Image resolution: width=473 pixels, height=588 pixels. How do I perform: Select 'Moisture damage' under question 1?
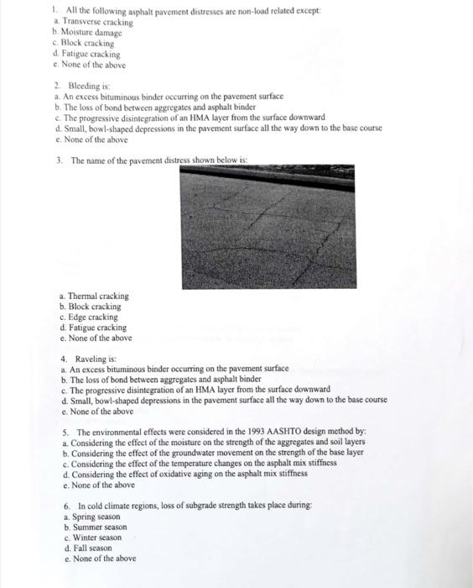coord(91,33)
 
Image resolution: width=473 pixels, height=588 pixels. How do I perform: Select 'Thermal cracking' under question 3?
coord(97,297)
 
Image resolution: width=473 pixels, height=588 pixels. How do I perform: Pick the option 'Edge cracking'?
coord(92,318)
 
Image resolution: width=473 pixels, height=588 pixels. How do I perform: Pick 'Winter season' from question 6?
coord(96,538)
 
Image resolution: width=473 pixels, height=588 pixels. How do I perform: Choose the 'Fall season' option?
coord(91,548)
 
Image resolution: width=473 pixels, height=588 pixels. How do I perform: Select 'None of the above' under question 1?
coord(92,65)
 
